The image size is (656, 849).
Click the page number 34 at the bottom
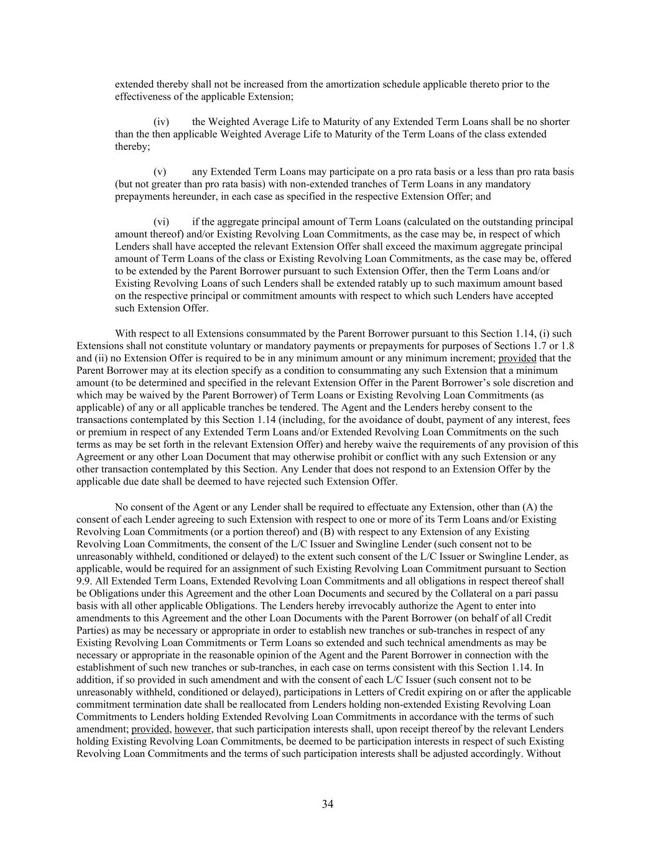coord(328,804)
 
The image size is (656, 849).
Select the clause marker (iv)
coord(162,122)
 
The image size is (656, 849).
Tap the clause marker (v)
coord(160,172)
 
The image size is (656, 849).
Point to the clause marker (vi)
coord(162,222)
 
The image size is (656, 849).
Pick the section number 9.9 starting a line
coord(83,582)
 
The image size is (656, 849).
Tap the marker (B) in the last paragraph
coord(327,532)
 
